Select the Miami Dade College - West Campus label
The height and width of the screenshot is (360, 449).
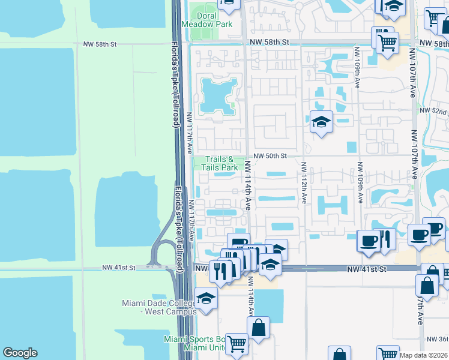pos(159,307)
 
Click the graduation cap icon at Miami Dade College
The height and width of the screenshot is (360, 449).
pos(206,299)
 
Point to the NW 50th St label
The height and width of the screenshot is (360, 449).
pos(276,156)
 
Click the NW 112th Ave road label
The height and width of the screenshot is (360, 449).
pos(304,182)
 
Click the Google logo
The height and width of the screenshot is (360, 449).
pos(20,353)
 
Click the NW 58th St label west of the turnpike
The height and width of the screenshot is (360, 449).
pos(99,44)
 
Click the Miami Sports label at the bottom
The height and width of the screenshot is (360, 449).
pos(193,340)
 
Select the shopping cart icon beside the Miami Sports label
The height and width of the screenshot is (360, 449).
pos(237,344)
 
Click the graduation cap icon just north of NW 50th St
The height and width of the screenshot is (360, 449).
pos(321,122)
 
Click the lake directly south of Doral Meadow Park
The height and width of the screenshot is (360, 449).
pos(217,95)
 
